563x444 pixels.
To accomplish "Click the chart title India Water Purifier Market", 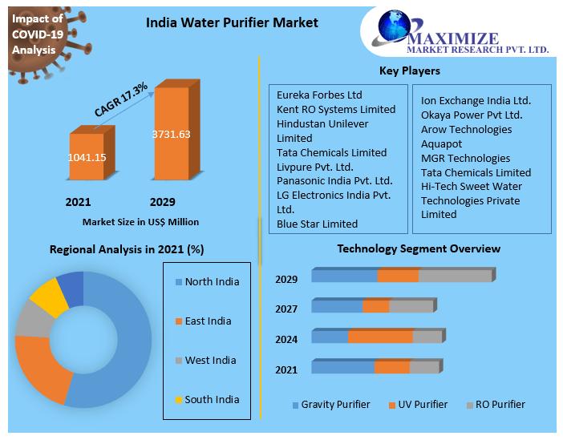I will pyautogui.click(x=232, y=22).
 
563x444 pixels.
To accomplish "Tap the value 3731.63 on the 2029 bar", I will pyautogui.click(x=171, y=134).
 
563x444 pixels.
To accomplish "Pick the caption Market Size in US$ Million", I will pyautogui.click(x=140, y=221).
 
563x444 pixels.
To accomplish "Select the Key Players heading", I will pyautogui.click(x=409, y=71).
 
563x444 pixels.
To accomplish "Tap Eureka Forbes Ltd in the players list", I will pyautogui.click(x=319, y=95).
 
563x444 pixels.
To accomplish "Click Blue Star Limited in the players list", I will pyautogui.click(x=317, y=224).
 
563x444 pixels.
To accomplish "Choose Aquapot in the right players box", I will pyautogui.click(x=442, y=143).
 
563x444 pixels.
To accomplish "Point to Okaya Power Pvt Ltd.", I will pyautogui.click(x=472, y=115).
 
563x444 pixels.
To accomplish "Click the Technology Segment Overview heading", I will pyautogui.click(x=418, y=248).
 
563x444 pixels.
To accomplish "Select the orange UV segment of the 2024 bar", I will pyautogui.click(x=381, y=337).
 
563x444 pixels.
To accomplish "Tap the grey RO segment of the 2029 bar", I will pyautogui.click(x=454, y=276).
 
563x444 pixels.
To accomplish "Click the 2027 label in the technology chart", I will pyautogui.click(x=286, y=309).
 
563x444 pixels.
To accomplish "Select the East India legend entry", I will pyautogui.click(x=208, y=321).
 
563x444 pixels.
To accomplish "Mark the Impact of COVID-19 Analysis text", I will pyautogui.click(x=35, y=34).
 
